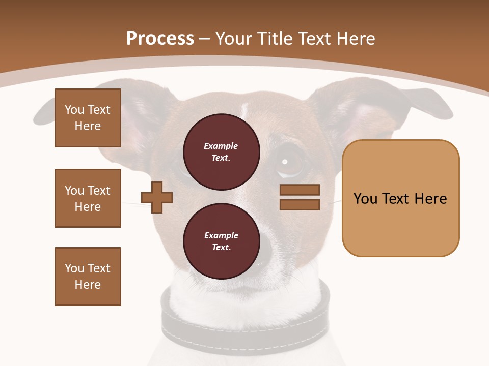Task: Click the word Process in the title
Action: (160, 39)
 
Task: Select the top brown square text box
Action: (88, 118)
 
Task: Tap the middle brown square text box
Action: (88, 198)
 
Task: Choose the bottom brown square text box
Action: (88, 277)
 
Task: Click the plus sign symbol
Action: (157, 197)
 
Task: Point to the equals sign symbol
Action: (300, 197)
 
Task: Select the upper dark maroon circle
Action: (221, 152)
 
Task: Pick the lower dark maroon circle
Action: (221, 241)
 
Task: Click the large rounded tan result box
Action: (400, 198)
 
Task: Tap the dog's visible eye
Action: (285, 162)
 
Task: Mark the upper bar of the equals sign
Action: (300, 190)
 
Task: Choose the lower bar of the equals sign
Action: (300, 205)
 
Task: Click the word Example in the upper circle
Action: (221, 146)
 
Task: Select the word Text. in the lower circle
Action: (221, 248)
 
